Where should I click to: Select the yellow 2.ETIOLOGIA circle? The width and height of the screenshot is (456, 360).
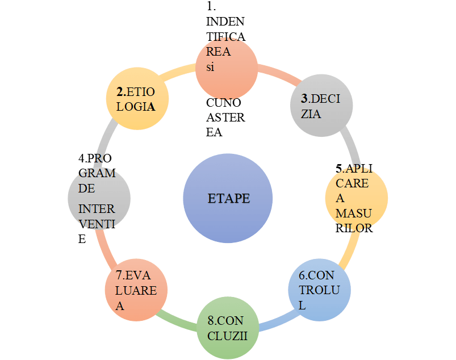[139, 98]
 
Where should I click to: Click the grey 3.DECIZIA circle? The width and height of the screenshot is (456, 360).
[322, 106]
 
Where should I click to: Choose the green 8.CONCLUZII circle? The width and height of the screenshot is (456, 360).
[227, 328]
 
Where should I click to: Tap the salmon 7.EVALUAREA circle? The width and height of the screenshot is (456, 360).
[136, 291]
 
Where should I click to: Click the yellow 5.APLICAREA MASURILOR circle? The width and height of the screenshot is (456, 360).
[356, 198]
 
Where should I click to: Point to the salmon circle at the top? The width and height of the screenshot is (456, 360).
[227, 67]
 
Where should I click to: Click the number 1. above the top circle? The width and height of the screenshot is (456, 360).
[212, 7]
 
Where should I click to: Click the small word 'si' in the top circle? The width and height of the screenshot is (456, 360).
[210, 67]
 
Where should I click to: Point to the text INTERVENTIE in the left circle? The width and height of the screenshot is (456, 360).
[97, 224]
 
